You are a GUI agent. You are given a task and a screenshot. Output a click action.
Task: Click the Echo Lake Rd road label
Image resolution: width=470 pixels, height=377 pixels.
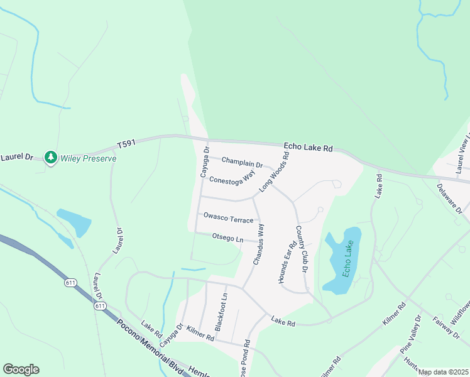pos(307,148)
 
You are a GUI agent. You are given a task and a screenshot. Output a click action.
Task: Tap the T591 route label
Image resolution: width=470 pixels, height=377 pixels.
pos(126,145)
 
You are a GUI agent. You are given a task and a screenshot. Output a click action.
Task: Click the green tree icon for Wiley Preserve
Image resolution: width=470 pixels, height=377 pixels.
pos(50,156)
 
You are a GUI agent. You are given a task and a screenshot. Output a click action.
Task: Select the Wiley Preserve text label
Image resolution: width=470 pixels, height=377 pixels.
pos(88,158)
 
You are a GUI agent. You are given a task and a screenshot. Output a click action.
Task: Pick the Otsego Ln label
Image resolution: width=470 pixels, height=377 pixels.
pos(227,238)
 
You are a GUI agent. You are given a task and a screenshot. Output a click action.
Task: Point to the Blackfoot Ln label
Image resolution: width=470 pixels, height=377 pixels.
pos(221,311)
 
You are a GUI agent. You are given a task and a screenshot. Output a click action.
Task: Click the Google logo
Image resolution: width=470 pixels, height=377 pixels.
pos(21,369)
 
